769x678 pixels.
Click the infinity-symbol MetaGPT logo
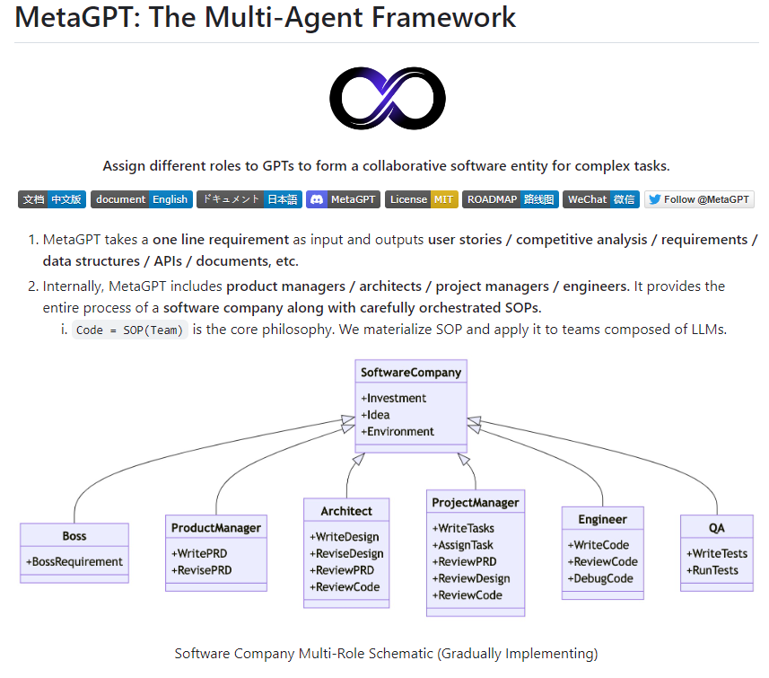click(387, 99)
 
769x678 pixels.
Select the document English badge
click(141, 199)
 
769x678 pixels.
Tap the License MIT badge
click(421, 199)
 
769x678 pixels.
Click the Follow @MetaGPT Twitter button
click(699, 199)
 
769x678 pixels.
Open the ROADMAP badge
click(510, 199)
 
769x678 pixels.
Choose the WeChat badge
click(600, 199)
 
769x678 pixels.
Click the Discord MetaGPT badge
click(343, 199)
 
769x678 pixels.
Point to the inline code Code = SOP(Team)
click(129, 330)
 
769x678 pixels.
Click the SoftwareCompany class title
click(411, 372)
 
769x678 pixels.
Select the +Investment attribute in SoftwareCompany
click(394, 398)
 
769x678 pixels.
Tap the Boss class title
click(74, 535)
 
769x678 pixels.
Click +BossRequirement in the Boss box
click(74, 561)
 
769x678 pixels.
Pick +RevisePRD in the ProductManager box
click(202, 569)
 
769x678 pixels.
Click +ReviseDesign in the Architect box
click(346, 553)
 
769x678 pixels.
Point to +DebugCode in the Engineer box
click(601, 578)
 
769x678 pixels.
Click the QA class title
click(716, 527)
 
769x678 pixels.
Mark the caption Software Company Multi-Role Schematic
click(386, 653)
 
